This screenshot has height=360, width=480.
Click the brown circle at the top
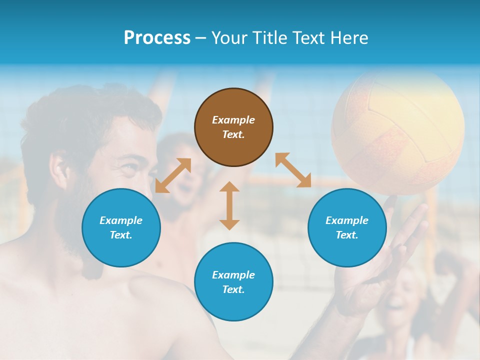point(233,127)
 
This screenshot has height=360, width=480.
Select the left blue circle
point(121,227)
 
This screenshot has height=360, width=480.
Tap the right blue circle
point(347,227)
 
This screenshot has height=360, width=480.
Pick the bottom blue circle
point(233,282)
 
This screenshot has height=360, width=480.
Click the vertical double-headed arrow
point(229,205)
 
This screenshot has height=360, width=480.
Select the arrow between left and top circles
point(173,175)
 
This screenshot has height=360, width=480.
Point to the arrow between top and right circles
point(293,170)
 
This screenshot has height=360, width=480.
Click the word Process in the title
point(157,37)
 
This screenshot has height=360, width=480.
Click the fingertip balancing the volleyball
point(392,199)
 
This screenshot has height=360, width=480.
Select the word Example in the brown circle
point(233,120)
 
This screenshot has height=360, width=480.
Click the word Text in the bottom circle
point(232,289)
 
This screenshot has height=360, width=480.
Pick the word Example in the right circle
point(347,220)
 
